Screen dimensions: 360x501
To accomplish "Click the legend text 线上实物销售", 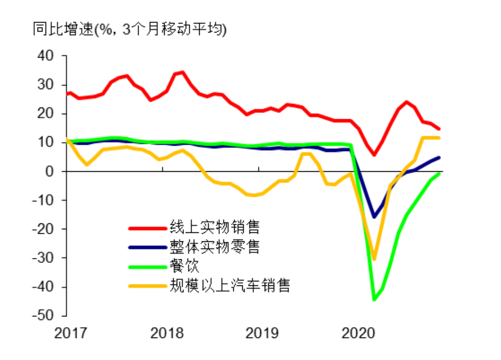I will [x=215, y=228].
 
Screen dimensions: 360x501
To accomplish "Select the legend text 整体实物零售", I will [x=215, y=247].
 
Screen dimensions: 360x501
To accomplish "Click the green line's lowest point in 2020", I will [x=374, y=299].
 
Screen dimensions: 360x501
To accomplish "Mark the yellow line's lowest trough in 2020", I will [x=374, y=259].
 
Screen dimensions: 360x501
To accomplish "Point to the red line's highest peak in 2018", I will [x=182, y=72].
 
